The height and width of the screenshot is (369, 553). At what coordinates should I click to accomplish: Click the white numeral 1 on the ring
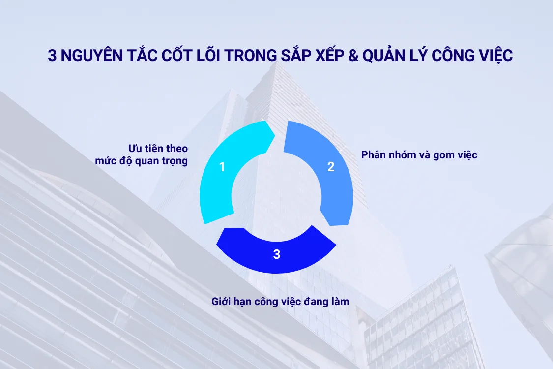222,167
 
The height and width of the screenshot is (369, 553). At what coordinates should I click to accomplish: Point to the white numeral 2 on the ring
331,167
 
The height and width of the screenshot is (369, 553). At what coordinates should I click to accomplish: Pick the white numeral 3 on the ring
277,254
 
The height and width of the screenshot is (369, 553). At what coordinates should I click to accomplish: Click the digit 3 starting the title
52,56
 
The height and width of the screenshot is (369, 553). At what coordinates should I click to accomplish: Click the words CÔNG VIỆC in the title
472,56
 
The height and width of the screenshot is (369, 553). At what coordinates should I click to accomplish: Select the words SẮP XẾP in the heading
312,56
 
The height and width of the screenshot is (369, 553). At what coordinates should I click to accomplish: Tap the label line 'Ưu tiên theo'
158,148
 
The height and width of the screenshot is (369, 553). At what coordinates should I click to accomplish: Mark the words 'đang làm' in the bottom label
329,301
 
